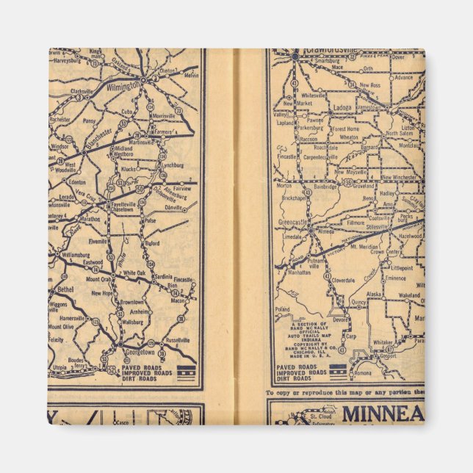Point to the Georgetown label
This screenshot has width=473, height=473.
(135, 352)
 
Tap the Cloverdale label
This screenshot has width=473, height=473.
(343, 280)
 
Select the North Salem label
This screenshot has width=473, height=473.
(400, 134)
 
